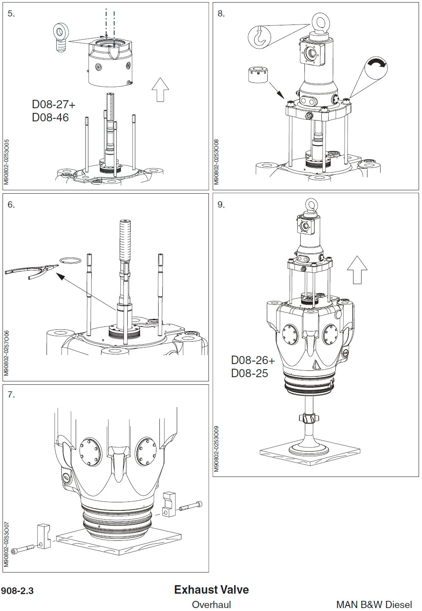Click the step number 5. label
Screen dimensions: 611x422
click(x=11, y=14)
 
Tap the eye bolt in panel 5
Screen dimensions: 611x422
click(x=61, y=36)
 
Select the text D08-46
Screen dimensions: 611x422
click(x=50, y=118)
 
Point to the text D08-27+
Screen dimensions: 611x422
click(x=54, y=104)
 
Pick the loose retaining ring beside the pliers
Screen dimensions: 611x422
click(x=70, y=260)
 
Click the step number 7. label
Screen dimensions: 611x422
click(x=11, y=395)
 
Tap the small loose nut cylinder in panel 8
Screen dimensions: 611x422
click(x=258, y=75)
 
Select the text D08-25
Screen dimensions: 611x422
click(x=249, y=373)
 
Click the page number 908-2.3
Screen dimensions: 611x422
click(x=17, y=591)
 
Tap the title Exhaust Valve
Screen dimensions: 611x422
click(x=211, y=589)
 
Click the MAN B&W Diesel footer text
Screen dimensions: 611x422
click(x=374, y=605)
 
